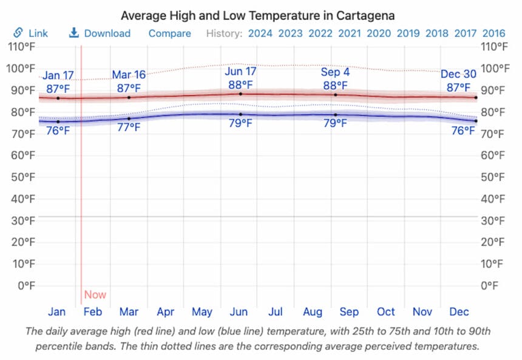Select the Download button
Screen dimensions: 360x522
[100, 33]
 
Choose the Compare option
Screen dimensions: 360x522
[169, 33]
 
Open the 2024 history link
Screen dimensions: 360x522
[260, 33]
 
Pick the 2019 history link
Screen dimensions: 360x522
[408, 33]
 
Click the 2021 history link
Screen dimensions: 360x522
[349, 33]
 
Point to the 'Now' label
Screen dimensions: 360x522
[95, 295]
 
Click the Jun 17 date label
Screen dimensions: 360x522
[240, 72]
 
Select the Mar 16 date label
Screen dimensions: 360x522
[129, 75]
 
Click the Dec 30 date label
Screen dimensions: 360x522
[458, 74]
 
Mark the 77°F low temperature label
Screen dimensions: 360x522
[129, 127]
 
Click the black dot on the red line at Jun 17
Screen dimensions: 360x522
[240, 94]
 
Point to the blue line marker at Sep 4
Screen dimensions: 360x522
[335, 115]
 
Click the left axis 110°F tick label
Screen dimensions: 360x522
[22, 47]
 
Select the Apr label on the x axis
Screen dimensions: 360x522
[165, 312]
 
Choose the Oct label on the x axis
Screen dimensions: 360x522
[386, 312]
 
